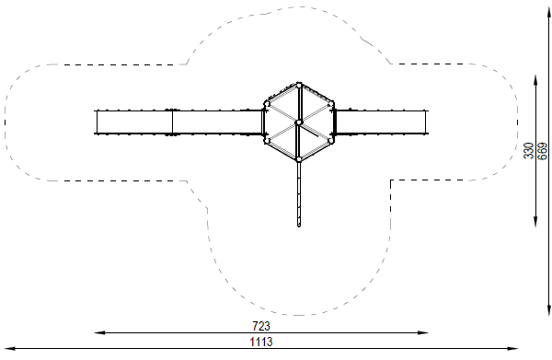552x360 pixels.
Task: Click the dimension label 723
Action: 261,326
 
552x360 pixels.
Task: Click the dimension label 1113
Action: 261,342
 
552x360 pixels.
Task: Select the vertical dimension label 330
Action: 529,151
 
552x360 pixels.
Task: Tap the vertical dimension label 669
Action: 543,151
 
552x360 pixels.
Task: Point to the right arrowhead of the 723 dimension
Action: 423,332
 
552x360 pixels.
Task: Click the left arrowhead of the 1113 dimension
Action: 10,349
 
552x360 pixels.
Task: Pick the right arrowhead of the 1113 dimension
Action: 512,349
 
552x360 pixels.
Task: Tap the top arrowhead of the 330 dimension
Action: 535,80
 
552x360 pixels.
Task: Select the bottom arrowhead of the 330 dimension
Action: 535,221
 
